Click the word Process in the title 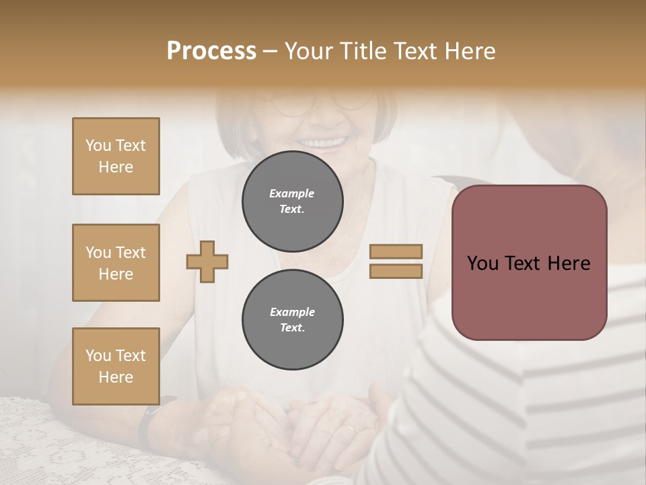pos(211,51)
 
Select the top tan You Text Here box pos(116,156)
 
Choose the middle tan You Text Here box pos(116,263)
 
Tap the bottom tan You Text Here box pos(116,366)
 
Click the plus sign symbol pos(207,261)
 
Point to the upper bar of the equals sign pos(396,251)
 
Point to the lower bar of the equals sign pos(396,271)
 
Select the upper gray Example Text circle pos(292,201)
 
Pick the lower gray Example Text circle pos(292,319)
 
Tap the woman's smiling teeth pos(324,143)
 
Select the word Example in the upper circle pos(292,193)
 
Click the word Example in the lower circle pos(292,312)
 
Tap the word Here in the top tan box pos(116,167)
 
